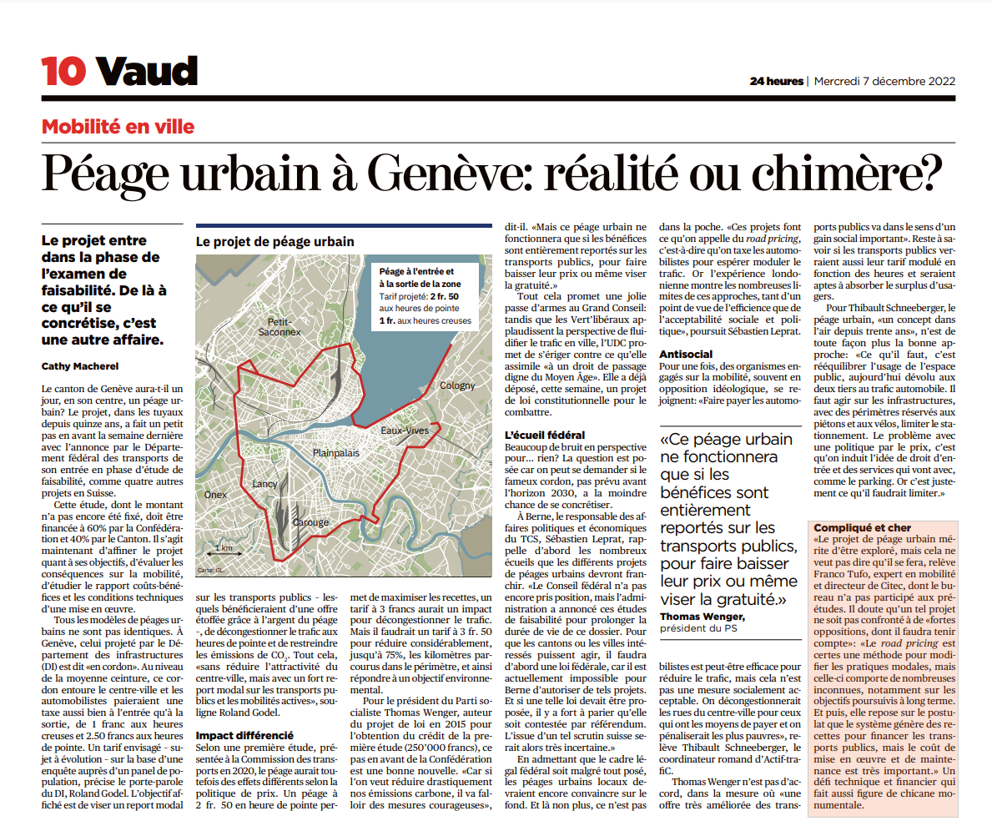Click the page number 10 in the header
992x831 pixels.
tap(63, 73)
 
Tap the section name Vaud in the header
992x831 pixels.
tap(147, 73)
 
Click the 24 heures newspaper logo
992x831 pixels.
tap(776, 81)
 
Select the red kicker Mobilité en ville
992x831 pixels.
tap(118, 127)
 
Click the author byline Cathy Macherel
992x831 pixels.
tap(80, 365)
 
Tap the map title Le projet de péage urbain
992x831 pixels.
tap(275, 241)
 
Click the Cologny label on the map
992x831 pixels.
tap(456, 385)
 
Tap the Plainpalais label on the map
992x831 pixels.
tap(335, 452)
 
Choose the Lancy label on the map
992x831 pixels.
tap(264, 484)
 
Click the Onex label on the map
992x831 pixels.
tap(215, 495)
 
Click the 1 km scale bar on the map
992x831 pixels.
tap(223, 549)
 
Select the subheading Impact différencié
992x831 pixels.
tap(244, 736)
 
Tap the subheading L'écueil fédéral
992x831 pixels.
tap(545, 435)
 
